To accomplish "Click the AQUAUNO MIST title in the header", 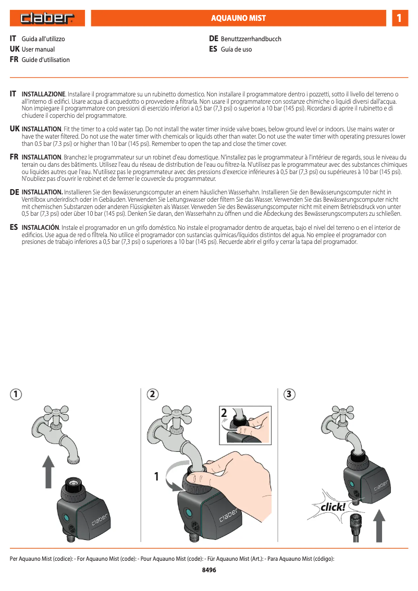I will tap(238, 18).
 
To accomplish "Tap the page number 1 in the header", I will tap(399, 18).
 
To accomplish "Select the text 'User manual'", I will tap(38, 50).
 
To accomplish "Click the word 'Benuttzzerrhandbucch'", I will tap(251, 39).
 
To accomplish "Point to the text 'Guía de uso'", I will tap(236, 50).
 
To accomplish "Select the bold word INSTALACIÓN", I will tap(41, 228).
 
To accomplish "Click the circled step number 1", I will tap(18, 395).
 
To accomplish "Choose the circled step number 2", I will tap(152, 395).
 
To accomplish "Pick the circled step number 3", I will tap(290, 395).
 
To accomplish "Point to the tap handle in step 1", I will tap(53, 413).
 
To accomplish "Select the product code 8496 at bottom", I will tap(209, 570).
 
